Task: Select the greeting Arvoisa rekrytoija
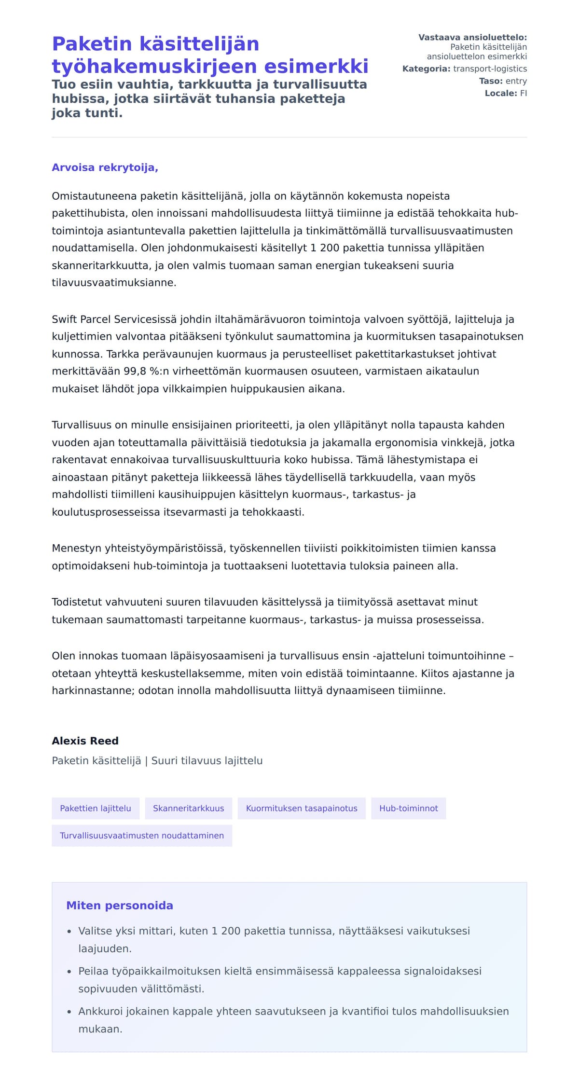[105, 167]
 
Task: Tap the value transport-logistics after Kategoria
[490, 69]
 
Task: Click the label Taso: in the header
[491, 81]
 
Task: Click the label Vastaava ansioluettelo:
[472, 37]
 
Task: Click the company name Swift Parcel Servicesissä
[115, 319]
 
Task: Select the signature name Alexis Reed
[85, 741]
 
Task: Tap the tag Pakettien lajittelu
[96, 808]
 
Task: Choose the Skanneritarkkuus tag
[188, 808]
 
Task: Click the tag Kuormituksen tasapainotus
[302, 808]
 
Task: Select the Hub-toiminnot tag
[408, 808]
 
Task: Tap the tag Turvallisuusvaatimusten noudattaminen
[142, 836]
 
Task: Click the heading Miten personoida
[120, 906]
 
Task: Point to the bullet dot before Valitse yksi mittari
[69, 932]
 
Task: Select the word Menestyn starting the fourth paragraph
[76, 549]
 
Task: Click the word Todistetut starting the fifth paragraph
[77, 602]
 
